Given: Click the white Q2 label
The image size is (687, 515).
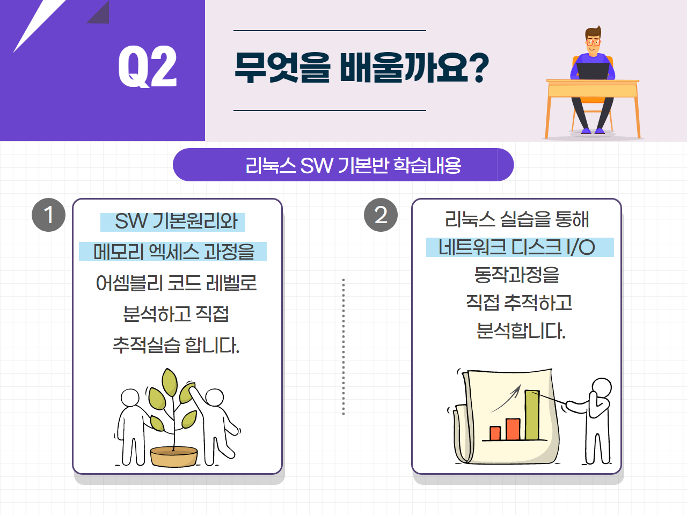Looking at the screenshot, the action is click(148, 66).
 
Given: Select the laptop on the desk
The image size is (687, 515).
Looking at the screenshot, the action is click(593, 71).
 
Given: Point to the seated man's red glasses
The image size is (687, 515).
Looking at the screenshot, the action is click(593, 42).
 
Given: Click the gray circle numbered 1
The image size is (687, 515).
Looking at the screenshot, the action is click(48, 215).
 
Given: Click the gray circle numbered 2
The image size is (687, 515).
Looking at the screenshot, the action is click(381, 215).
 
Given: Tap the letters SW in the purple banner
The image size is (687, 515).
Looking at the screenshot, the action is click(316, 165).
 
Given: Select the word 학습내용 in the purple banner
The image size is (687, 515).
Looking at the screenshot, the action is click(427, 165).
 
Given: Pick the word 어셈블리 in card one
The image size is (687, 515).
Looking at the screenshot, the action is click(129, 283).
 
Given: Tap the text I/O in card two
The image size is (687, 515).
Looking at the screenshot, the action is click(581, 247).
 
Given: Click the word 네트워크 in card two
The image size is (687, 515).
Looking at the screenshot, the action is click(472, 247).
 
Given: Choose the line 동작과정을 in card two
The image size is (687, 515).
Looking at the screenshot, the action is click(517, 275).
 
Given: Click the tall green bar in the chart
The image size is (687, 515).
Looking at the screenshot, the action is click(532, 415).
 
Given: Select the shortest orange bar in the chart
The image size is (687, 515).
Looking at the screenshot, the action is click(495, 433).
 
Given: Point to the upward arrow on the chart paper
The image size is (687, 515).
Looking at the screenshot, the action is click(506, 399).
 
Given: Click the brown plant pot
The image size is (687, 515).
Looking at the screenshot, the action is click(174, 457).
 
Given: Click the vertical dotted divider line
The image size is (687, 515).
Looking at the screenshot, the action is click(343, 347).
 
